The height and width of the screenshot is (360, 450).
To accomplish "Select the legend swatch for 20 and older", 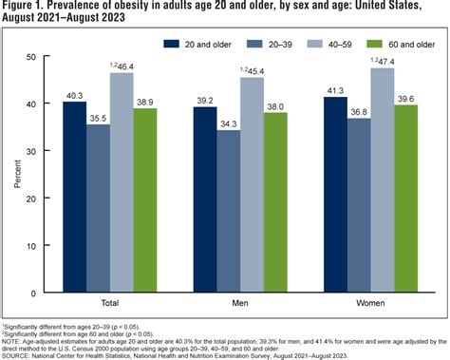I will point(172,44).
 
